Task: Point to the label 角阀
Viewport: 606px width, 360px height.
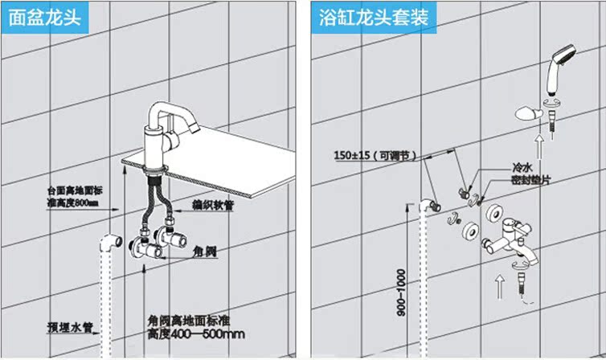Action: (206, 250)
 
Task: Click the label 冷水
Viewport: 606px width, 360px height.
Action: (523, 170)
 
